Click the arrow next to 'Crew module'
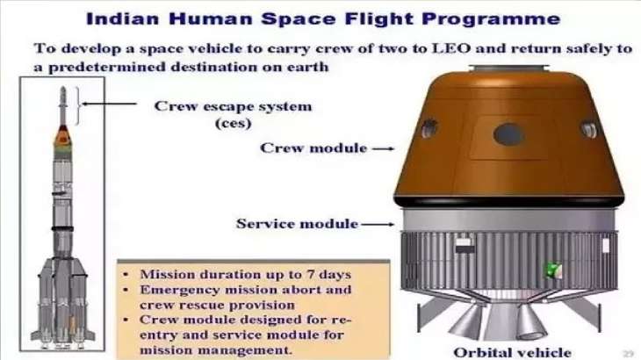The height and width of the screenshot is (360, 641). [x=381, y=149]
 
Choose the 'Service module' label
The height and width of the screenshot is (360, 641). [x=297, y=224]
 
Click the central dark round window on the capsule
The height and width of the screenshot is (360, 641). [x=508, y=133]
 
